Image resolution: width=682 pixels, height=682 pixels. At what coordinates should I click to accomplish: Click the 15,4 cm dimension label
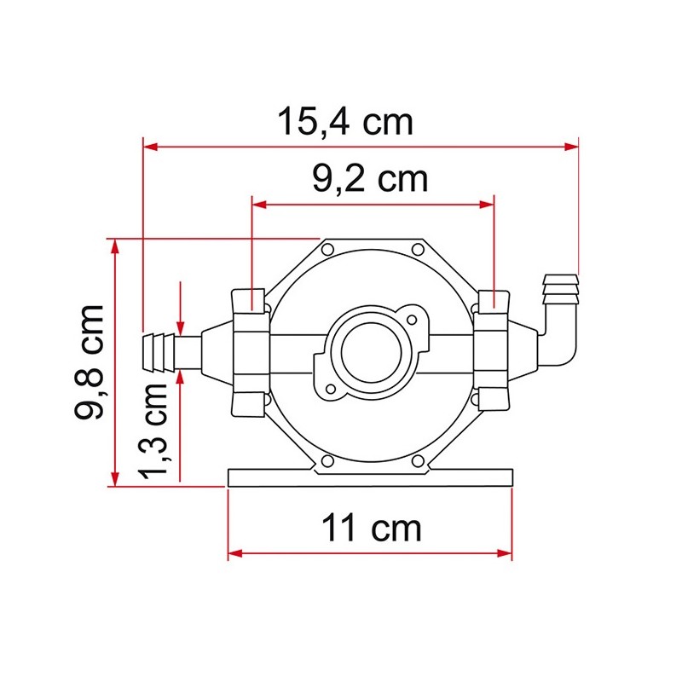pos(345,122)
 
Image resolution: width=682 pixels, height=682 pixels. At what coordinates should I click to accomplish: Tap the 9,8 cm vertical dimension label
pos(89,361)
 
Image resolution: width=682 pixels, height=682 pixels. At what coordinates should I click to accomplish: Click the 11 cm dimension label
pos(371,529)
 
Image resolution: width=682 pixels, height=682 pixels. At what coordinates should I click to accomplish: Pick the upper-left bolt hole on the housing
pos(327,249)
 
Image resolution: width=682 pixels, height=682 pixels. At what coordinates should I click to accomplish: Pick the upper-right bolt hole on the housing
pos(416,249)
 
